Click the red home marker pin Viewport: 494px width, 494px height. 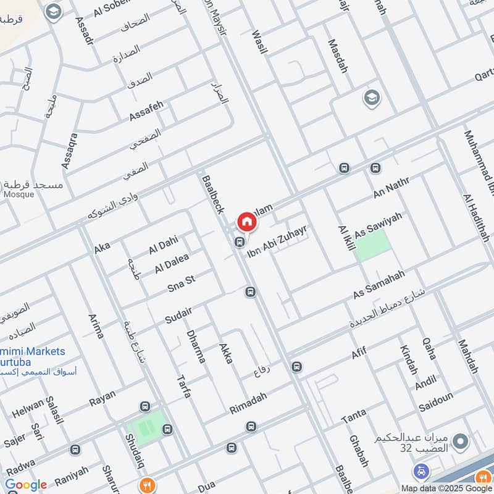click(x=246, y=221)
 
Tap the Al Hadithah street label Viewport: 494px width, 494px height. click(x=476, y=218)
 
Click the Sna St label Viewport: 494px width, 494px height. click(x=181, y=283)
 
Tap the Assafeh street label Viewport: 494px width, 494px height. click(x=146, y=111)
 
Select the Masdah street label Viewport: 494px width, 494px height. click(x=338, y=56)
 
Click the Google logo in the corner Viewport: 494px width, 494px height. click(x=26, y=485)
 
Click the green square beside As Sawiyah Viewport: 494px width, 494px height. click(x=374, y=245)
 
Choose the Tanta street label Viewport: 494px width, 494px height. click(x=353, y=416)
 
